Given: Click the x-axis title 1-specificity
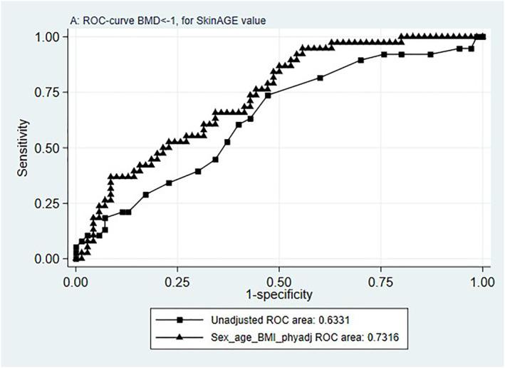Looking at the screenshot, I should [x=278, y=293].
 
